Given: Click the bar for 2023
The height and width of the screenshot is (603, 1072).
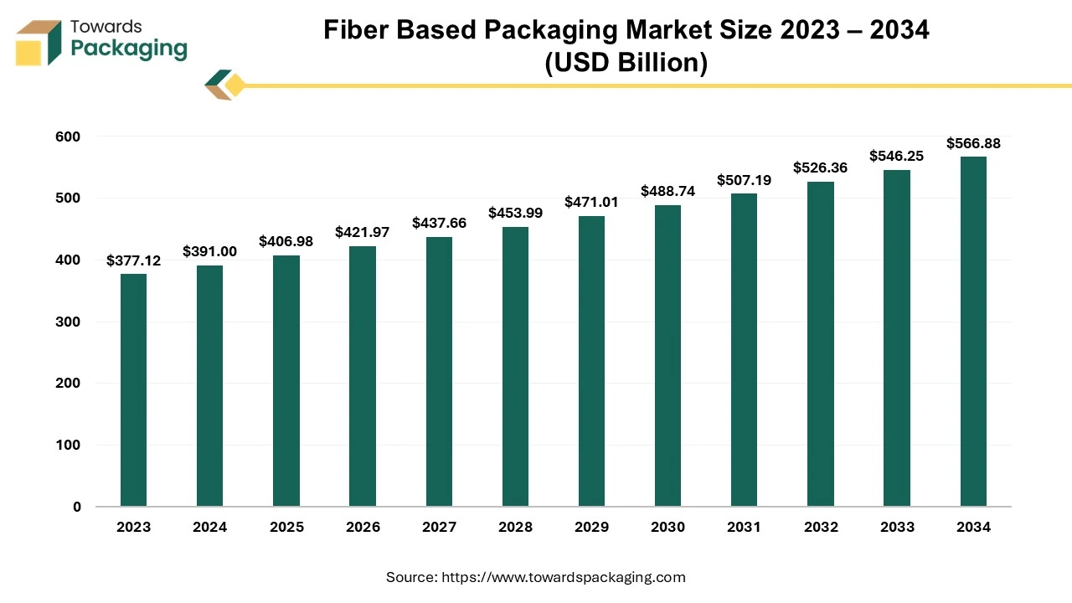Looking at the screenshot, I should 133,390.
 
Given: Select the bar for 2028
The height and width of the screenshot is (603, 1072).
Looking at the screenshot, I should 515,367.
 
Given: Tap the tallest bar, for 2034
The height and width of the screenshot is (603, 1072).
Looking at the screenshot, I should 973,332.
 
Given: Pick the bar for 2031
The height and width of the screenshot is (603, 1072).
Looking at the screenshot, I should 744,350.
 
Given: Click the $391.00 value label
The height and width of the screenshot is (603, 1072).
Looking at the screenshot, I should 209,251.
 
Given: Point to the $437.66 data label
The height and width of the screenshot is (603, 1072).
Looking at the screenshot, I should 439,223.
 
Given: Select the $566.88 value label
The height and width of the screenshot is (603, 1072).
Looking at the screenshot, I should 973,143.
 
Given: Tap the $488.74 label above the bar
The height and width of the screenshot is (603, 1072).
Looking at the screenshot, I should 667,191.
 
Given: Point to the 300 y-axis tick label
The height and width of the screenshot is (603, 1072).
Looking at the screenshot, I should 70,322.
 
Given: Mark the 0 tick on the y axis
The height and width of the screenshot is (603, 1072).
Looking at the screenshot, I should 77,507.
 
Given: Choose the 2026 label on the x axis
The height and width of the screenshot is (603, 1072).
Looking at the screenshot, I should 363,527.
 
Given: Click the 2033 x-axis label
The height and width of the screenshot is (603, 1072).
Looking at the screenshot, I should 897,527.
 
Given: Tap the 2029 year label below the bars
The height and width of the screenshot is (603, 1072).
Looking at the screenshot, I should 591,527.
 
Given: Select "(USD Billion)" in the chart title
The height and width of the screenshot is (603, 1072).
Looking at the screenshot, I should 626,63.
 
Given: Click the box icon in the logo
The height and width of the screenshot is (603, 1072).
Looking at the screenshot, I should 39,44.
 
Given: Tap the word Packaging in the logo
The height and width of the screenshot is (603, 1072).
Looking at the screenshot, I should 129,49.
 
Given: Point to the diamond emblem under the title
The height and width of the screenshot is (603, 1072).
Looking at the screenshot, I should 225,85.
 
